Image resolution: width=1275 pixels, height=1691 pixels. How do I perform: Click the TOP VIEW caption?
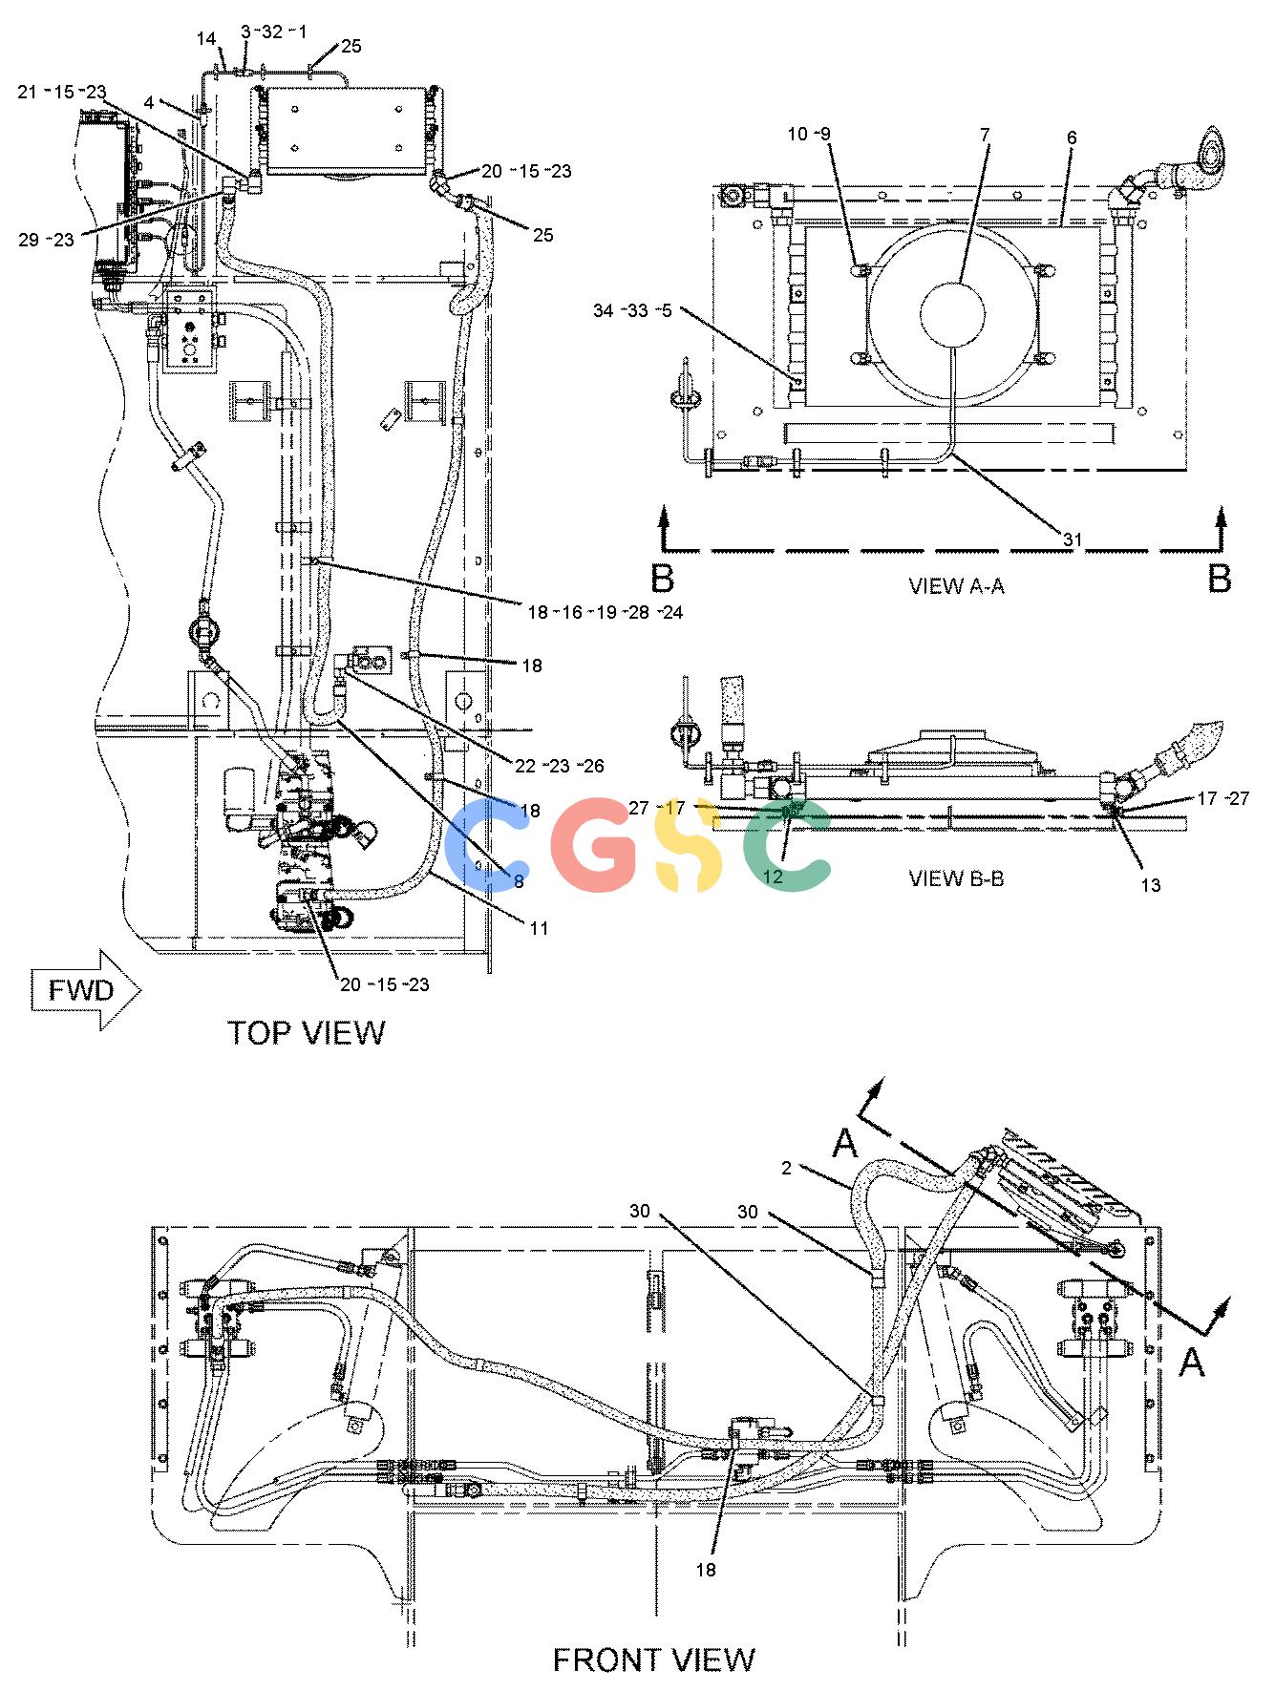click(307, 1033)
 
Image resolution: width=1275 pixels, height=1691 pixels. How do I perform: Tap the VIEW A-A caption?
click(956, 586)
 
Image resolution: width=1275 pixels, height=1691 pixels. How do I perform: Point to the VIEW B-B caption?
click(956, 878)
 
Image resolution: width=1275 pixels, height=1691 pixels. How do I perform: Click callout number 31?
click(1073, 540)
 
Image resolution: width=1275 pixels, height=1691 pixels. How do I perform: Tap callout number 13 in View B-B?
click(1151, 886)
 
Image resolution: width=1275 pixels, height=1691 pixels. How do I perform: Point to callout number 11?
click(540, 927)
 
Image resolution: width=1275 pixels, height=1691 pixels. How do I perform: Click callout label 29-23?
click(46, 240)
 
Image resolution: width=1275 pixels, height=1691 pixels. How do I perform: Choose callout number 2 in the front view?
click(787, 1169)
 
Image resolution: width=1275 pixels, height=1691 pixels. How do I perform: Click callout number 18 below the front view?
click(706, 1570)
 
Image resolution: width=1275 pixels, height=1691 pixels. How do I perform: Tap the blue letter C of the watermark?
click(486, 845)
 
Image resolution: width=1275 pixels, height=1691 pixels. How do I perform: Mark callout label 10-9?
click(807, 135)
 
